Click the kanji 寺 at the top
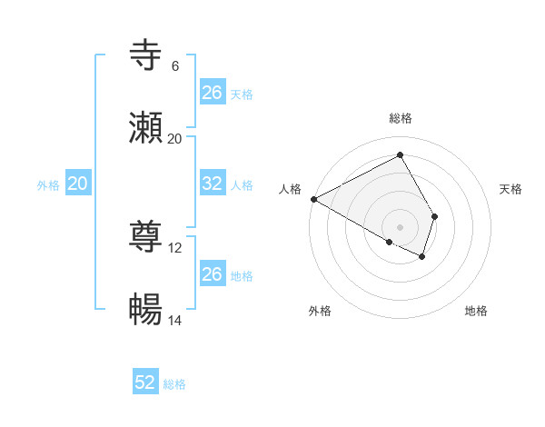(x=146, y=55)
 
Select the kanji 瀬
(x=146, y=128)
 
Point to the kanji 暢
(x=146, y=310)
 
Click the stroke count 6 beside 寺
(x=175, y=65)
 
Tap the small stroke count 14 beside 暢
(x=175, y=320)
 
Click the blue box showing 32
(x=213, y=184)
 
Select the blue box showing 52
(x=145, y=382)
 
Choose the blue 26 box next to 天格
(x=213, y=93)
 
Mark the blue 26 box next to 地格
(x=213, y=274)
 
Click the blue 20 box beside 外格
(x=78, y=184)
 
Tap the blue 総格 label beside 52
(x=174, y=384)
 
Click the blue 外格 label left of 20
(x=48, y=184)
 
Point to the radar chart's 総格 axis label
(x=401, y=118)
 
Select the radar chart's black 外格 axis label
(x=320, y=311)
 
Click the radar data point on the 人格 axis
(x=313, y=199)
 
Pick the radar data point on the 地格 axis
(x=422, y=257)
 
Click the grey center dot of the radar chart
(x=401, y=226)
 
